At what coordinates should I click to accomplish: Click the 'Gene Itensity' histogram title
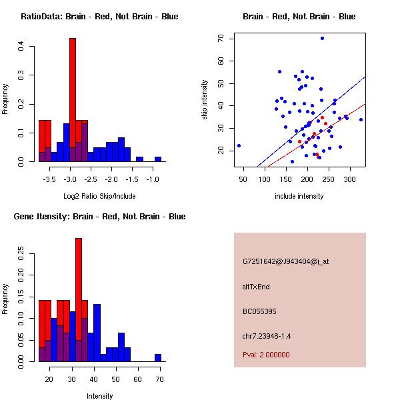coord(99,217)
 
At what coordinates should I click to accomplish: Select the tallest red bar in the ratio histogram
coord(73,100)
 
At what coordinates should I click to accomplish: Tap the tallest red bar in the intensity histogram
coord(79,300)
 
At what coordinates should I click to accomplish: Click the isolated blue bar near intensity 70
coord(158,357)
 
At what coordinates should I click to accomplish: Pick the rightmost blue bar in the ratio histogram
coord(158,159)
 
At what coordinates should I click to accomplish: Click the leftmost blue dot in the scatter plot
coord(239,145)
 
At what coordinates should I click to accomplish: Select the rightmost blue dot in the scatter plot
coord(361,120)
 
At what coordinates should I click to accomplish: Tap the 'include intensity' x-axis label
coord(299,197)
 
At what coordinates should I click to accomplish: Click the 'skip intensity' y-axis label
coord(205,100)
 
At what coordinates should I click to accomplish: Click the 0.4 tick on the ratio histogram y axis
coord(22,47)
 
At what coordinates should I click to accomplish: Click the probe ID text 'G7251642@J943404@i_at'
coord(285,261)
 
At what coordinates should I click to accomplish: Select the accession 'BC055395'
coord(259,311)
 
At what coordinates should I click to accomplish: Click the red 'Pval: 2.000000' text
coord(266,355)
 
